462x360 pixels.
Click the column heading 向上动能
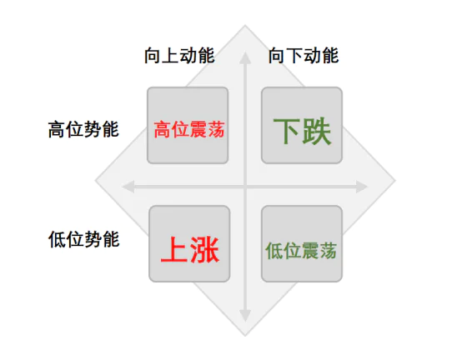pyautogui.click(x=179, y=55)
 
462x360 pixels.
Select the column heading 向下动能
pyautogui.click(x=304, y=55)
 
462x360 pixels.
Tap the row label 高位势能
pyautogui.click(x=83, y=129)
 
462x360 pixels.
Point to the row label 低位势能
pyautogui.click(x=83, y=239)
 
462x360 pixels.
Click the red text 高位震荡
pyautogui.click(x=188, y=129)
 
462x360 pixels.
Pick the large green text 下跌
pyautogui.click(x=303, y=131)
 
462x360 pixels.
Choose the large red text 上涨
pyautogui.click(x=190, y=250)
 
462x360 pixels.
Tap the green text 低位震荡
pyautogui.click(x=301, y=251)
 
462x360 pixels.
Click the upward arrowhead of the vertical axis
pyautogui.click(x=245, y=57)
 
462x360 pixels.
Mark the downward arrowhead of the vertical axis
pyautogui.click(x=245, y=316)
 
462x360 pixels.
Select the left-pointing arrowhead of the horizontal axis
pyautogui.click(x=128, y=187)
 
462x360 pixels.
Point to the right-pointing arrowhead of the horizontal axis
pyautogui.click(x=362, y=187)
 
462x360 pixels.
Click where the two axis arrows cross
pyautogui.click(x=245, y=187)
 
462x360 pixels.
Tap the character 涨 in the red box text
pyautogui.click(x=205, y=250)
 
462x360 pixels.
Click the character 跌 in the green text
pyautogui.click(x=317, y=131)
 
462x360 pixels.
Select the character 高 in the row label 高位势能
pyautogui.click(x=57, y=129)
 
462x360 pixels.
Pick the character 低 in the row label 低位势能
pyautogui.click(x=57, y=239)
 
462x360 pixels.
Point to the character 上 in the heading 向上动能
pyautogui.click(x=170, y=55)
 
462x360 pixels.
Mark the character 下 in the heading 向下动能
pyautogui.click(x=294, y=55)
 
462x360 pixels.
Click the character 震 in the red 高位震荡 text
pyautogui.click(x=198, y=129)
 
